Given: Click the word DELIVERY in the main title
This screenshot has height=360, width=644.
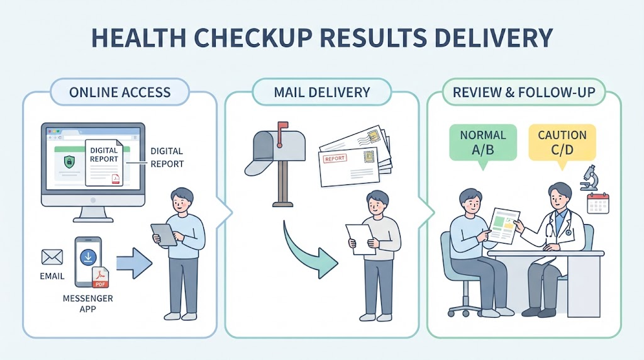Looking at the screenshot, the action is [493, 38].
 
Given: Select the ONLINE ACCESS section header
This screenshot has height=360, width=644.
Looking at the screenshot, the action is [119, 92].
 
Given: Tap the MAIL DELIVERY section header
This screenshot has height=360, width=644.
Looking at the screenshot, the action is [321, 92].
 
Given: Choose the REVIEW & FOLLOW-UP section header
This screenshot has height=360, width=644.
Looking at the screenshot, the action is [524, 92].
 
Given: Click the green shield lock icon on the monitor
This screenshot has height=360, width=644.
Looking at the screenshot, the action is [69, 161].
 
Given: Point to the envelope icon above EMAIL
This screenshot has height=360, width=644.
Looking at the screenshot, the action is [52, 257].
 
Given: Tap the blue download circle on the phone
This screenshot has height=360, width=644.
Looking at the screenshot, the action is [88, 257].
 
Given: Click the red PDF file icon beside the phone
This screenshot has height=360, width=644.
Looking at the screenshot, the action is [100, 278].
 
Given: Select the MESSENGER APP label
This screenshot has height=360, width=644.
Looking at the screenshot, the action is [87, 303].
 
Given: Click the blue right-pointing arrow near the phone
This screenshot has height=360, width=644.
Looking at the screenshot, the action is [134, 264].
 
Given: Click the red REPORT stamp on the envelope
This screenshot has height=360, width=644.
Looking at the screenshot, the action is [335, 158].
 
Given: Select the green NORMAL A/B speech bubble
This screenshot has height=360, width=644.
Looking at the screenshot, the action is [483, 144].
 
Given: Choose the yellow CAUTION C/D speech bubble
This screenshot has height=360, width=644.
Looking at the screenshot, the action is [562, 144].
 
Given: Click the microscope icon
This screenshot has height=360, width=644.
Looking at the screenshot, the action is [590, 177].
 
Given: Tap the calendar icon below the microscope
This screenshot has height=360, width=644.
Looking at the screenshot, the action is [598, 203].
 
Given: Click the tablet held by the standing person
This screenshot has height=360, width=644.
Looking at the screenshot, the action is [164, 235].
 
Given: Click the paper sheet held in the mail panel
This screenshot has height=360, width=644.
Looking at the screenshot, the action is [360, 239].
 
